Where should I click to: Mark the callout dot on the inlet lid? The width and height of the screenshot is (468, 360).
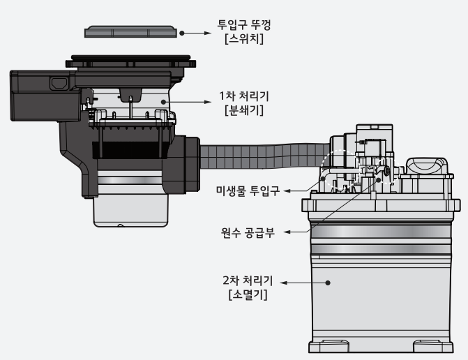click(x=181, y=32)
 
